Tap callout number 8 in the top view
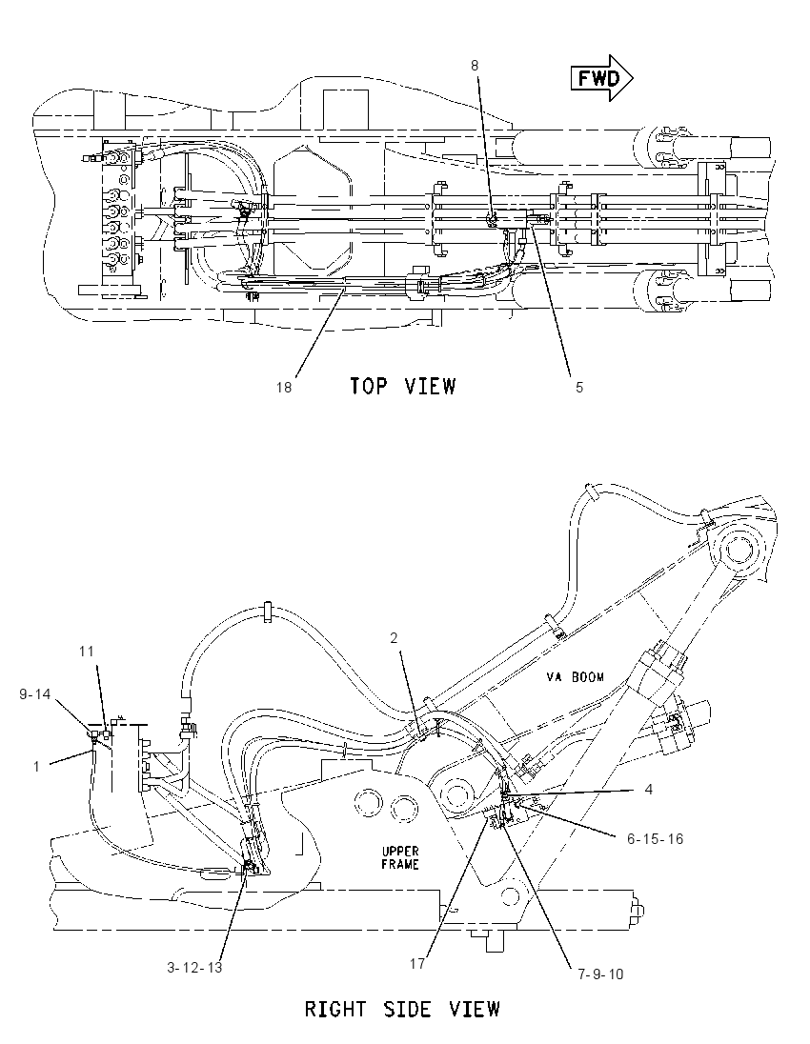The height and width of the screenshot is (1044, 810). (x=475, y=65)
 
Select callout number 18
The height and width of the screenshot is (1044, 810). (x=284, y=387)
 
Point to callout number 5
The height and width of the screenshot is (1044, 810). (x=578, y=387)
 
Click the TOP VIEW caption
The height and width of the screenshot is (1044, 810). (x=403, y=386)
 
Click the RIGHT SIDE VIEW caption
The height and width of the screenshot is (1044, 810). (x=402, y=1009)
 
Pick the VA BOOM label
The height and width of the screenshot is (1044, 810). (x=575, y=677)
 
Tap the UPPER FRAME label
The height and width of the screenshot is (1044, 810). (x=400, y=857)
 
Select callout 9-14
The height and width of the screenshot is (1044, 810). (x=34, y=694)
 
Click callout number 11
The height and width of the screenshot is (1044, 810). (x=87, y=652)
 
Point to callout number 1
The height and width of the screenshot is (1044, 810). (x=36, y=767)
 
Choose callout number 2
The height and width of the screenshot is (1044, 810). (x=394, y=638)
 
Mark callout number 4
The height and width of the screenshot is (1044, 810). (x=649, y=790)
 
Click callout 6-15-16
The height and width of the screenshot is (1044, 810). (x=655, y=839)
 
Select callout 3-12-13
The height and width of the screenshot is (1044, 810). (x=194, y=968)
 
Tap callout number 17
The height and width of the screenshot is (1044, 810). (x=417, y=963)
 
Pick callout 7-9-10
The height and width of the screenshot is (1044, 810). (x=600, y=974)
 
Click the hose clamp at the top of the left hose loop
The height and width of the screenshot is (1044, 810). (x=267, y=611)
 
